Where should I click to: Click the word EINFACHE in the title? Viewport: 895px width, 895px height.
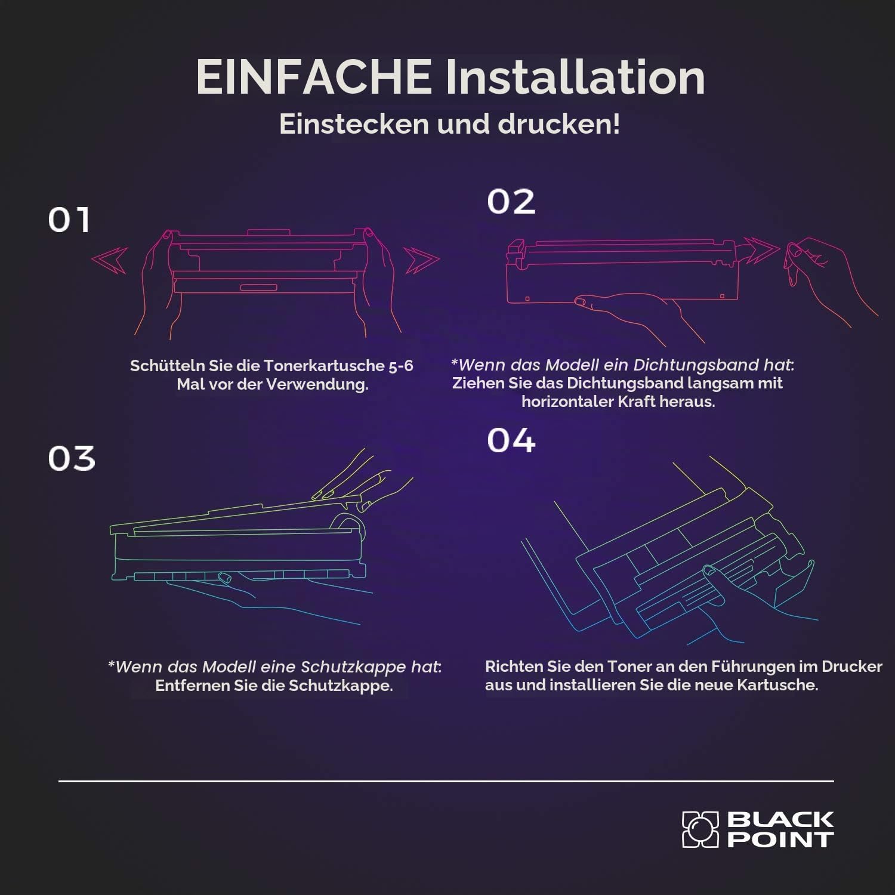coord(314,77)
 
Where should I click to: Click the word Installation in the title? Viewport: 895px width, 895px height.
coord(575,77)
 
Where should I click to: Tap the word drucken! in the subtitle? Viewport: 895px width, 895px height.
coord(559,124)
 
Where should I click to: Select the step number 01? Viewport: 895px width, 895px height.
coord(69,220)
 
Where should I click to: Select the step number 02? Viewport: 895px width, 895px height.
coord(511,202)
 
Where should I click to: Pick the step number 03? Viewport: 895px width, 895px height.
coord(72,458)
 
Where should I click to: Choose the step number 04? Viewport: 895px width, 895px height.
coord(511,440)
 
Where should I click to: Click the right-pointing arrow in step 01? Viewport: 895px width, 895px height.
coord(422,260)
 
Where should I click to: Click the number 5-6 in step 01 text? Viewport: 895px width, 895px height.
coord(401,366)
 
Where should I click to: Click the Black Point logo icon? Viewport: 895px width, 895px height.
coord(700,829)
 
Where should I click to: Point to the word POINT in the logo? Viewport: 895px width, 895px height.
coord(780,840)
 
